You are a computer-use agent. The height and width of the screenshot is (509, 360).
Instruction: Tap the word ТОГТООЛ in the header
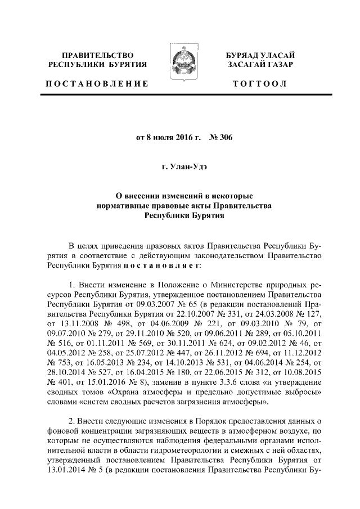[x=260, y=84]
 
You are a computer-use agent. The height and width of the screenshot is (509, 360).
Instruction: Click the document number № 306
[x=213, y=136]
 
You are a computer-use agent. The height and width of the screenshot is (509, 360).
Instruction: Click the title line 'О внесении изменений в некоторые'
[x=180, y=196]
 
